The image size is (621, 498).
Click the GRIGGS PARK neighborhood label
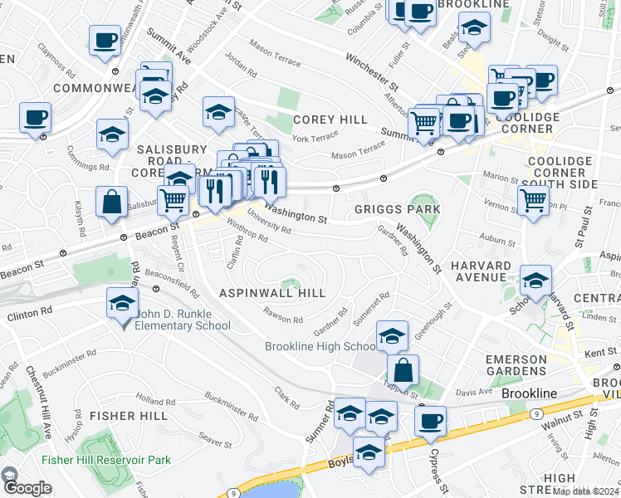(x=397, y=209)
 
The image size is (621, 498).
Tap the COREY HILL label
(x=330, y=120)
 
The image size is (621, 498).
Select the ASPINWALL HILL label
(x=272, y=293)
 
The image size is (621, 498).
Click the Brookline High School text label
(x=320, y=346)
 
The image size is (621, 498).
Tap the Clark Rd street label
(x=287, y=397)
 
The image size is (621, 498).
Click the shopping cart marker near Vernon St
(x=532, y=200)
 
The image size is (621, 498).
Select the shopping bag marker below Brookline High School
(x=403, y=370)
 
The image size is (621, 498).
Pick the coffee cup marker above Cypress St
(x=430, y=421)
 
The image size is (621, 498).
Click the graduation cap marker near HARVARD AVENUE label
(x=535, y=281)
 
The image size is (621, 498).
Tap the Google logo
(x=27, y=488)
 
